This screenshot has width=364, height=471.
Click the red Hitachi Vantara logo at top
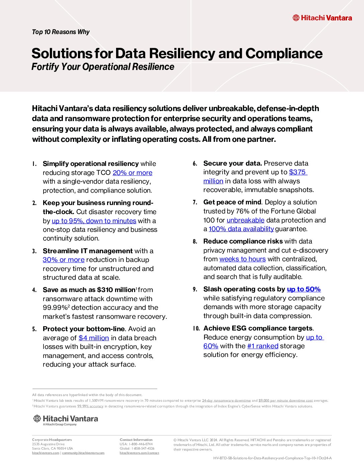point(322,18)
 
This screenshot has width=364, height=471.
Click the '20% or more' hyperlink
point(132,173)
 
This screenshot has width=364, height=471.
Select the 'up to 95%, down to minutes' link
point(94,221)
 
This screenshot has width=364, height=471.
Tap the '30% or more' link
point(64,260)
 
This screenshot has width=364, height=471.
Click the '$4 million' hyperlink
point(94,338)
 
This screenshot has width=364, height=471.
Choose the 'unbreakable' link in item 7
point(246,220)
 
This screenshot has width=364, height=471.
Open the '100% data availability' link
point(241,229)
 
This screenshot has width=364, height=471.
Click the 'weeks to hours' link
point(243,259)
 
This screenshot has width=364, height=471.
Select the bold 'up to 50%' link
point(304,289)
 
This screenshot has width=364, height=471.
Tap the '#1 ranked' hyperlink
point(263,346)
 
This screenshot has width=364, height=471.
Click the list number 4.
point(34,290)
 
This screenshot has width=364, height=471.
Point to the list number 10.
point(196,328)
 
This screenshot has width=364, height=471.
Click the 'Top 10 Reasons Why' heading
point(61,32)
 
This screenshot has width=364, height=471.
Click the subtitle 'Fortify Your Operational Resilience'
point(103,67)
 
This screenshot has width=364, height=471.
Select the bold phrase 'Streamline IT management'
point(88,251)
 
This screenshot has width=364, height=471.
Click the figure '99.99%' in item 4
point(55,308)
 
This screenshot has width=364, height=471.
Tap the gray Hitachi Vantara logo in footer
point(66,419)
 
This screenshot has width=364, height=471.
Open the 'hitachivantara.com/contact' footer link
point(139,453)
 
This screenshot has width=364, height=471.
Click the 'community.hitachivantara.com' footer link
point(83,453)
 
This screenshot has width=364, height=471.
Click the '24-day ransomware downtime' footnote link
point(226,400)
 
